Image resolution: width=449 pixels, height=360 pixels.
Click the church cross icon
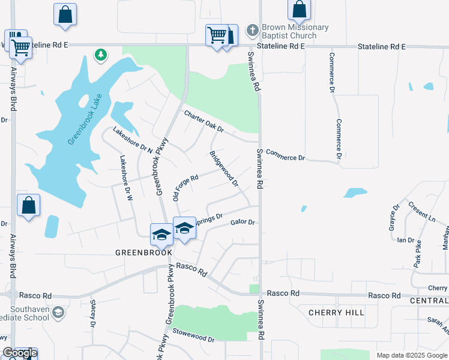tap(253, 29)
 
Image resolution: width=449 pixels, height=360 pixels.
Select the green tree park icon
tap(101, 55)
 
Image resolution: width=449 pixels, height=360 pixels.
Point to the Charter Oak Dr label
tap(203, 121)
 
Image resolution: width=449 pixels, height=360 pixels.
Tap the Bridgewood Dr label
tap(223, 167)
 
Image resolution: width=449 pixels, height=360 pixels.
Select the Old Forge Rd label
tap(185, 188)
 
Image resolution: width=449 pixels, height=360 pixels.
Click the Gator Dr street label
tap(243, 223)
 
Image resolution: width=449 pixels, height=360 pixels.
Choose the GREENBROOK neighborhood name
tap(143, 253)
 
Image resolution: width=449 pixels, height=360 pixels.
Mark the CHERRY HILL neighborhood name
tap(336, 313)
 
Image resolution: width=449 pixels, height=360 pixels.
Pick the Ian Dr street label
tap(406, 240)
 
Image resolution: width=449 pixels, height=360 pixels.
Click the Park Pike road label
tap(416, 254)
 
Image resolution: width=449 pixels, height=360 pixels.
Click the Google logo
tap(20, 353)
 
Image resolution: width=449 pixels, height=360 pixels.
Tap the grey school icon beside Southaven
tap(58, 312)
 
